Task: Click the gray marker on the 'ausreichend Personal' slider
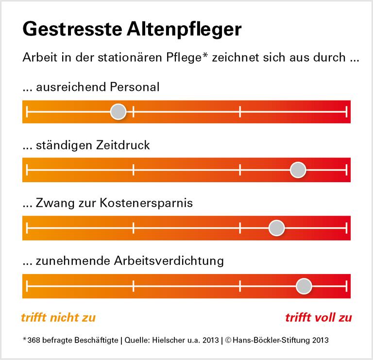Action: pos(118,112)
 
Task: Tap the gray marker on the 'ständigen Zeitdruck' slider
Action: pos(298,170)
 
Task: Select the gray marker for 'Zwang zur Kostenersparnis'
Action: pos(276,227)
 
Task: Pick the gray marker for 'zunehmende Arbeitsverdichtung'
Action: pos(304,285)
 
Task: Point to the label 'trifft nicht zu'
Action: pos(58,318)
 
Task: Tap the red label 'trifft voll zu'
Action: pos(318,318)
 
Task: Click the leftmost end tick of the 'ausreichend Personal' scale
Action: pos(28,112)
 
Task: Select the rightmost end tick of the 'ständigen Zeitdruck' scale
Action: pos(346,170)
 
